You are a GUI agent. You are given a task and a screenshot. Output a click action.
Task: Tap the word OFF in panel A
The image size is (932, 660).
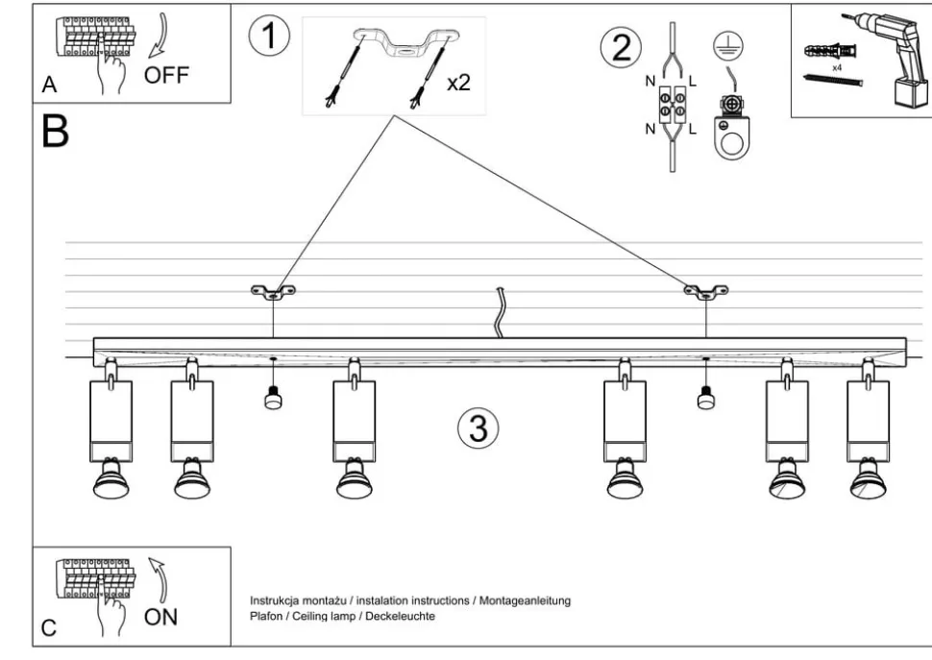[166, 75]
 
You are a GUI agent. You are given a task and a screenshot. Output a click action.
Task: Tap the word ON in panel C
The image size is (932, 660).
[160, 616]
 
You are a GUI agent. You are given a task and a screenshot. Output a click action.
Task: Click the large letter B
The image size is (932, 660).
[56, 132]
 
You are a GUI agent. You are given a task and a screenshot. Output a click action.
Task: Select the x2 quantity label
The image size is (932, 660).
[458, 83]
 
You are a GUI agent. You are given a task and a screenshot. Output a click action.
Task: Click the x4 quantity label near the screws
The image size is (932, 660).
[837, 68]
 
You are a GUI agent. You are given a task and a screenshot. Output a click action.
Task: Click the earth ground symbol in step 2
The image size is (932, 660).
[726, 43]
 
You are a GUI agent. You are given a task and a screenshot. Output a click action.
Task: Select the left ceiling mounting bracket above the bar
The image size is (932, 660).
[273, 291]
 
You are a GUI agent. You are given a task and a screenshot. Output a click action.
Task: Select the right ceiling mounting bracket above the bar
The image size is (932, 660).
[705, 290]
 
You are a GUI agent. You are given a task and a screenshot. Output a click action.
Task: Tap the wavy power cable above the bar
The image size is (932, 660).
[499, 311]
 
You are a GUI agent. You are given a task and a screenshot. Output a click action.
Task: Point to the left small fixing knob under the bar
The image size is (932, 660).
[273, 397]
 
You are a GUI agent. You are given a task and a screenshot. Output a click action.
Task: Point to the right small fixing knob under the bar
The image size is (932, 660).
[706, 397]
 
